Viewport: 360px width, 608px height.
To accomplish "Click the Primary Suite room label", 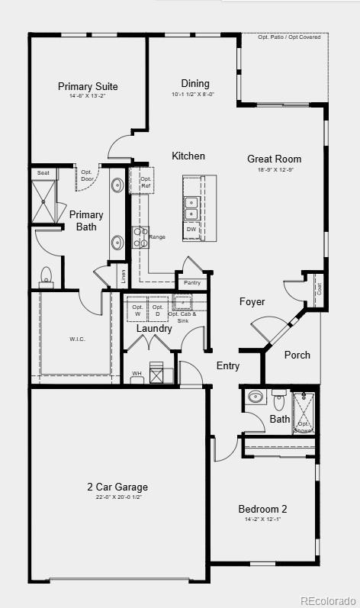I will pyautogui.click(x=88, y=86).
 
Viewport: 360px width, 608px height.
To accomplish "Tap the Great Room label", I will pyautogui.click(x=274, y=159).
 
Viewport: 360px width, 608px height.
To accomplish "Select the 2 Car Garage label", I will pyautogui.click(x=117, y=487).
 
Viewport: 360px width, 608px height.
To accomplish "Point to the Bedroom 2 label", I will pyautogui.click(x=262, y=509).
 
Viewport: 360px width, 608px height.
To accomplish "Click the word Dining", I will pyautogui.click(x=195, y=84).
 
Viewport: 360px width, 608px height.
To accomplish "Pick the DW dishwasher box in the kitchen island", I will pyautogui.click(x=191, y=229).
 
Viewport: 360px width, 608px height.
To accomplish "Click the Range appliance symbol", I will pyautogui.click(x=140, y=237).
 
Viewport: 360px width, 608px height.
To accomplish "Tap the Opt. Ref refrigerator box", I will pyautogui.click(x=146, y=182).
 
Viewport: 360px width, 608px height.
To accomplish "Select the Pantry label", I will pyautogui.click(x=192, y=282).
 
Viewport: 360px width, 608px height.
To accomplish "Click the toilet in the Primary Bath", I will pyautogui.click(x=46, y=276).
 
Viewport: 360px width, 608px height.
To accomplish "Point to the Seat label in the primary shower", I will pyautogui.click(x=42, y=174).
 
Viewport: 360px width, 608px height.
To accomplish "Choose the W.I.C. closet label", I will pyautogui.click(x=77, y=339).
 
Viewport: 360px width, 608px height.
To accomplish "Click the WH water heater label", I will pyautogui.click(x=137, y=374).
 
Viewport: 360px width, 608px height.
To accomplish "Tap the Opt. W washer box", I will pyautogui.click(x=137, y=310).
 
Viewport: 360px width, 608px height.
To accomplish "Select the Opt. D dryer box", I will pyautogui.click(x=157, y=310).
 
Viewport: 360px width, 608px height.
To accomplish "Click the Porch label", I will pyautogui.click(x=297, y=355).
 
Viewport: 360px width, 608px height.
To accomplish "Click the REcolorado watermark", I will pyautogui.click(x=328, y=599).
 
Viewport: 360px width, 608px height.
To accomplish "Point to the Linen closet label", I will pyautogui.click(x=123, y=277).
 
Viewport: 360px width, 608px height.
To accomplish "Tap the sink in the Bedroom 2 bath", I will pyautogui.click(x=255, y=397).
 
